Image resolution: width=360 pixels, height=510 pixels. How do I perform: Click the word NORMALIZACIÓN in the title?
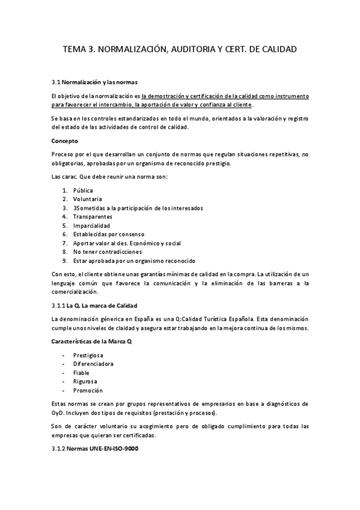tap(131, 49)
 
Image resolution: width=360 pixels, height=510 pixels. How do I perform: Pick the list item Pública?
tap(83, 190)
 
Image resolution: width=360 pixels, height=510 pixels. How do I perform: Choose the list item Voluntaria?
tap(87, 199)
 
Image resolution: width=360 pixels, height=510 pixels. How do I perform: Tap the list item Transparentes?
tap(93, 217)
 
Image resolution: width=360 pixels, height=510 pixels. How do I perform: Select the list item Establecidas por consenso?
tap(109, 234)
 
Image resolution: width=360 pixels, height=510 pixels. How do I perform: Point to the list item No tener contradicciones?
tap(108, 252)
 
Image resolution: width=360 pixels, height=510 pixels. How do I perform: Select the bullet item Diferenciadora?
tap(94, 364)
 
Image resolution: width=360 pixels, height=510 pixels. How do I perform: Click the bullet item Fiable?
tap(81, 373)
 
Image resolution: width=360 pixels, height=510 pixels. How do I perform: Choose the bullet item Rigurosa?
tap(85, 381)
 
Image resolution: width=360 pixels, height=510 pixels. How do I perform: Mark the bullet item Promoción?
tap(88, 390)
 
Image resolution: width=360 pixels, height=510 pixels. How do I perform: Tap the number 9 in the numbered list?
tap(64, 261)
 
